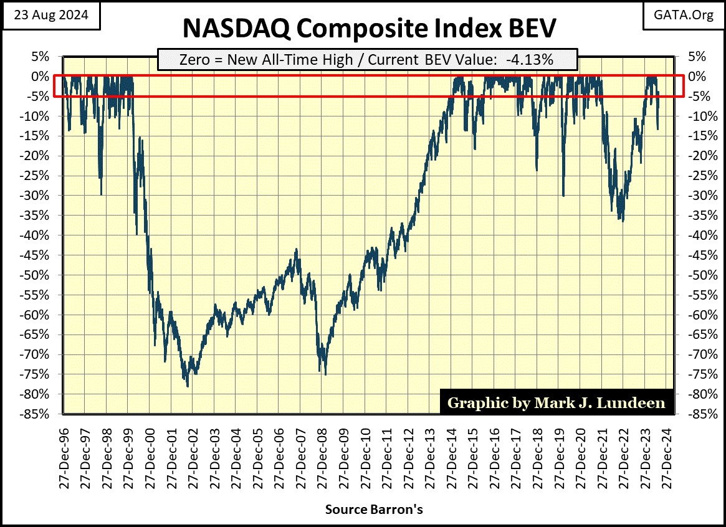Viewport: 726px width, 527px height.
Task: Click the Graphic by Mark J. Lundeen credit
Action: click(x=556, y=402)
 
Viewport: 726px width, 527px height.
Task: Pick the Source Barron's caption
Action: click(x=374, y=509)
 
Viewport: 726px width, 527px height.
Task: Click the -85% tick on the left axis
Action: click(x=37, y=414)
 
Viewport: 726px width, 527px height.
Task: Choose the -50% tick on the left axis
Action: click(x=37, y=275)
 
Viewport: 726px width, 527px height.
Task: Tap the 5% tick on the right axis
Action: click(x=695, y=56)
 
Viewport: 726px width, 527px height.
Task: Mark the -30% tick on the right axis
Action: click(x=698, y=196)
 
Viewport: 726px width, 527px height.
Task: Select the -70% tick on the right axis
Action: click(x=698, y=354)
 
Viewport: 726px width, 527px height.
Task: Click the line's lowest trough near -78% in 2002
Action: click(x=188, y=386)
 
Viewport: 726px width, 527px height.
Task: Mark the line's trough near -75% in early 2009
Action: click(x=325, y=374)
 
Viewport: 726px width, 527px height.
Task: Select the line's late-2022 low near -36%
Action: click(x=622, y=221)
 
